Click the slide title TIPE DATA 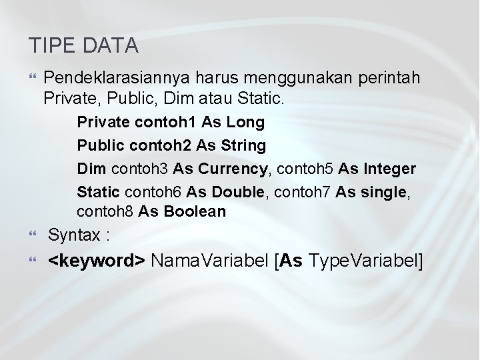pos(83,45)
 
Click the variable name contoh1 pos(159,123)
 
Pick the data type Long pos(245,123)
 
